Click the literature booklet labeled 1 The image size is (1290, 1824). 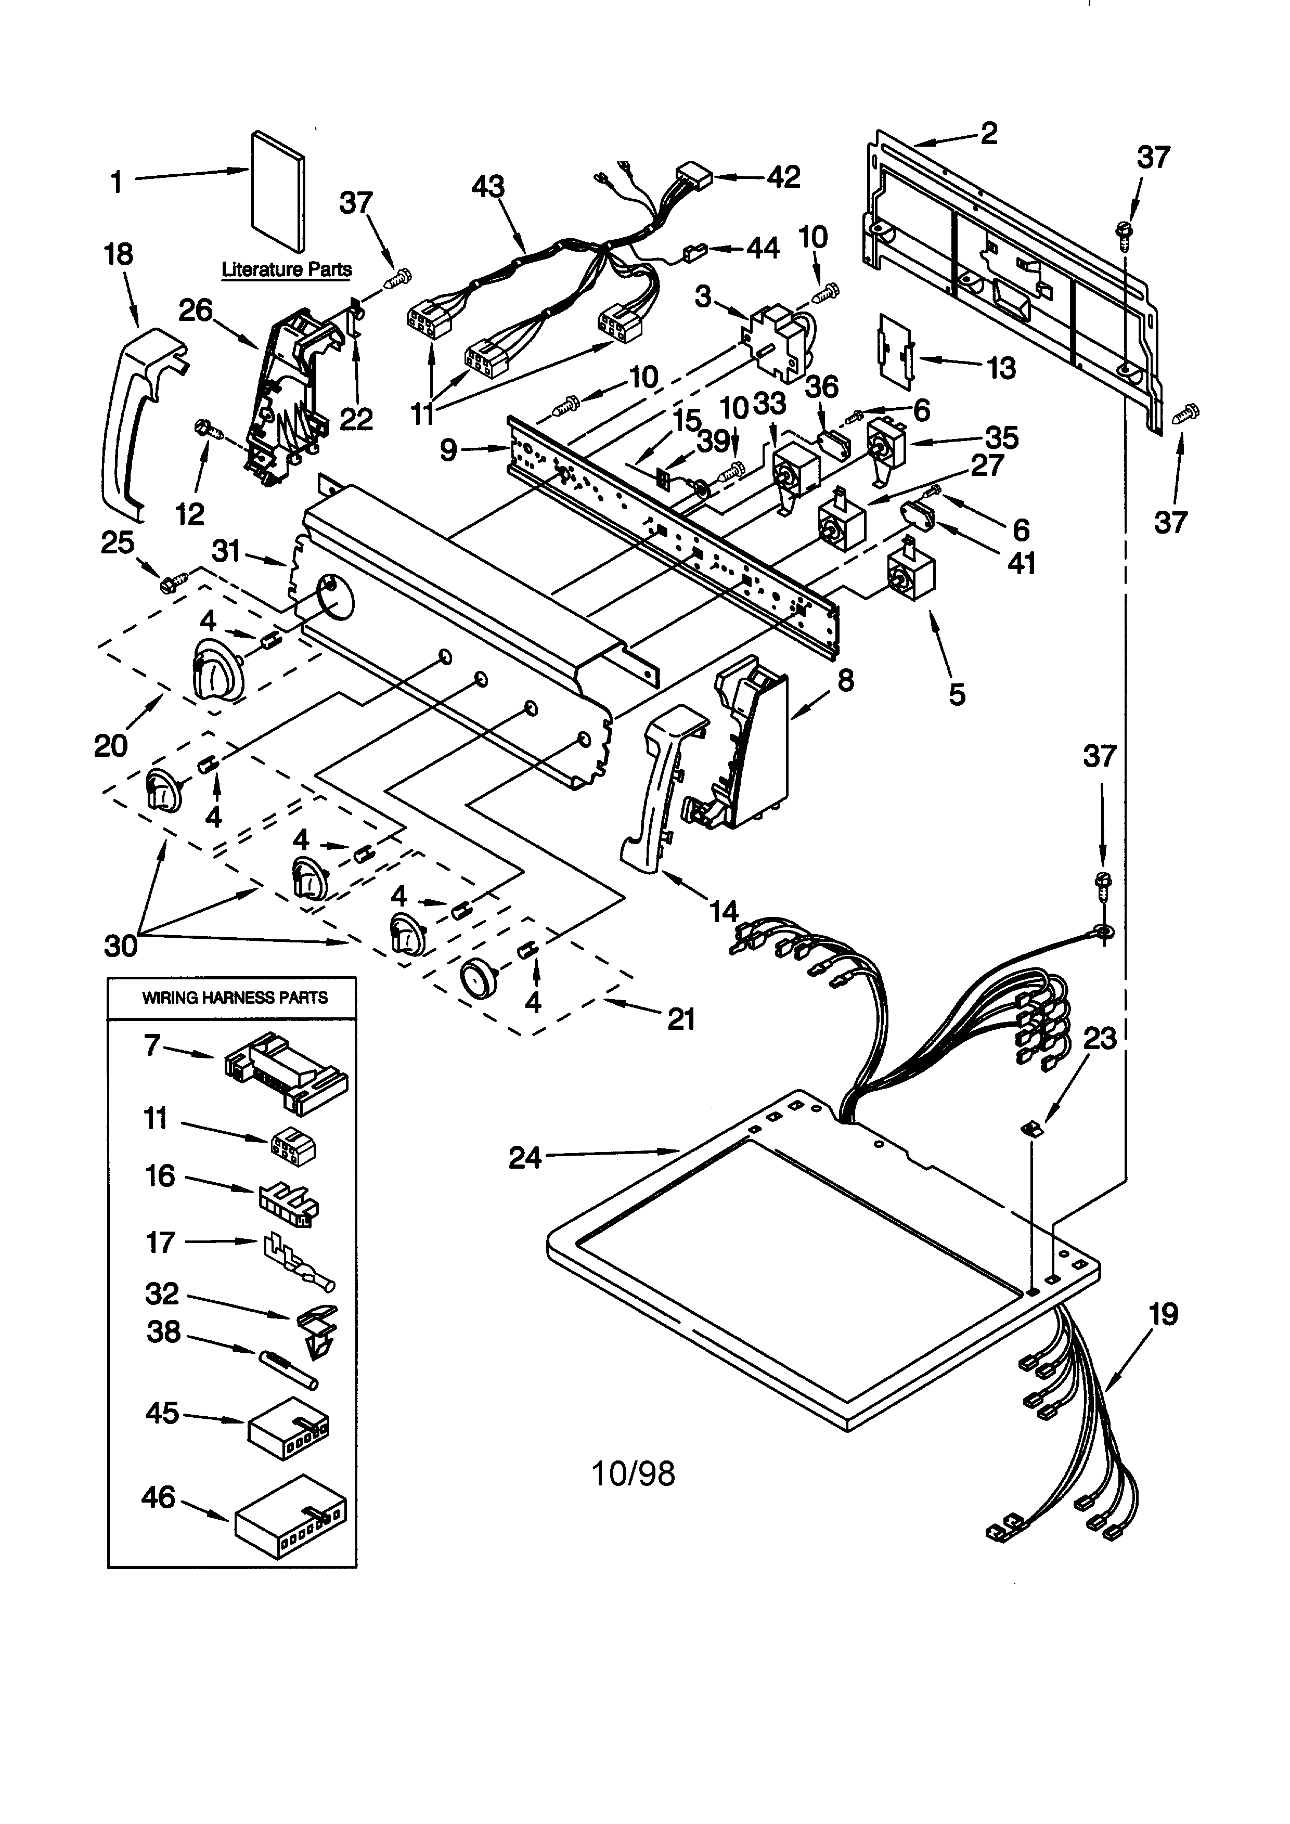click(277, 191)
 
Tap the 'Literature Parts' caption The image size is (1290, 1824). click(287, 269)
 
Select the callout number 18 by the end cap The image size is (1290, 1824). click(119, 255)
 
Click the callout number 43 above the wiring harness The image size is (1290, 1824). click(488, 187)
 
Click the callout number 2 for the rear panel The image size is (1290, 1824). click(988, 134)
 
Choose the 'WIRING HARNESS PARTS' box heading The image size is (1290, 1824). click(234, 998)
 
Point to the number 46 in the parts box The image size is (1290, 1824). click(158, 1497)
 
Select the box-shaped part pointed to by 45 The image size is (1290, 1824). click(288, 1437)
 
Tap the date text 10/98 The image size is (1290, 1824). click(633, 1473)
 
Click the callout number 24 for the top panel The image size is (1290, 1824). click(525, 1157)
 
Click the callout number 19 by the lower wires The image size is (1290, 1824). click(1163, 1315)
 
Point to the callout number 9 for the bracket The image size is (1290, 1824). click(449, 450)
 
